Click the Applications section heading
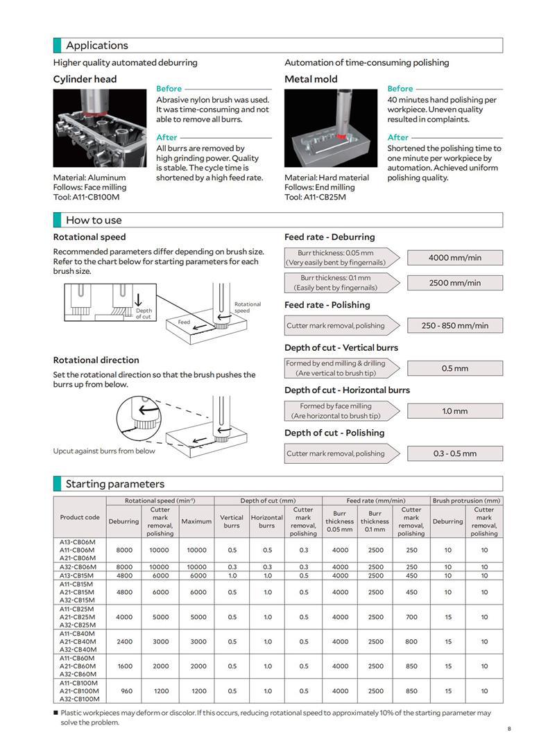(97, 46)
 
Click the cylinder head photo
(100, 128)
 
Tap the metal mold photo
(331, 128)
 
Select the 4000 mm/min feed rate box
(454, 257)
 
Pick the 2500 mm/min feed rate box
(454, 283)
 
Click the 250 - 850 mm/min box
(454, 325)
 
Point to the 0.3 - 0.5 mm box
(454, 453)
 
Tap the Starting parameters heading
(114, 484)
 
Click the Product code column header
(80, 517)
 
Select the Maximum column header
(196, 521)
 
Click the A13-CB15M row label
(78, 575)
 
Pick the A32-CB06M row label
(78, 567)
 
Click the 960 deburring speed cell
(126, 691)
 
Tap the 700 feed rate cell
(411, 617)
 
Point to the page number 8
(508, 729)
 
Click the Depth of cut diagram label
(144, 314)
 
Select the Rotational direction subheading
(96, 360)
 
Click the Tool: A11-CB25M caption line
(315, 197)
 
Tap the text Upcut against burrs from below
(104, 451)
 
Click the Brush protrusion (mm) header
(466, 501)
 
